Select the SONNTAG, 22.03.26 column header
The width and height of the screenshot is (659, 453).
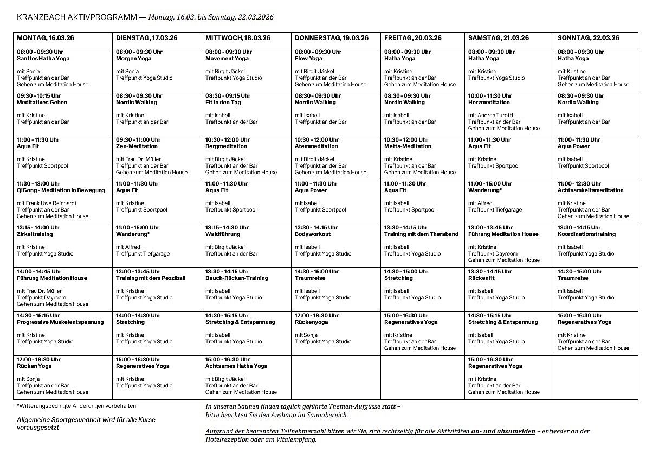click(x=588, y=38)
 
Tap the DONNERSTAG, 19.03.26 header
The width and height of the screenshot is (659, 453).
click(x=331, y=38)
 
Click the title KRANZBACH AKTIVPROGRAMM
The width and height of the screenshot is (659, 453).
click(x=77, y=17)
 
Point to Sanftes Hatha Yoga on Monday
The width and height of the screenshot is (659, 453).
click(x=43, y=59)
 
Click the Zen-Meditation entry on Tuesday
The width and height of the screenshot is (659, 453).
click(x=137, y=146)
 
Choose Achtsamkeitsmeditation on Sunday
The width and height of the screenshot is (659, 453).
click(x=590, y=190)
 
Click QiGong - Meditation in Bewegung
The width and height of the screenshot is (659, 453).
click(x=61, y=190)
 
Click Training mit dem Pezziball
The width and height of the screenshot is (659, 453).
click(x=151, y=278)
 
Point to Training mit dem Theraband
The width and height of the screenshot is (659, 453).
click(x=421, y=234)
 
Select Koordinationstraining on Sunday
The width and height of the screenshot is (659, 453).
click(x=586, y=234)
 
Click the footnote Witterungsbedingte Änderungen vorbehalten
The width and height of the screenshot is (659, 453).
click(x=77, y=406)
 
